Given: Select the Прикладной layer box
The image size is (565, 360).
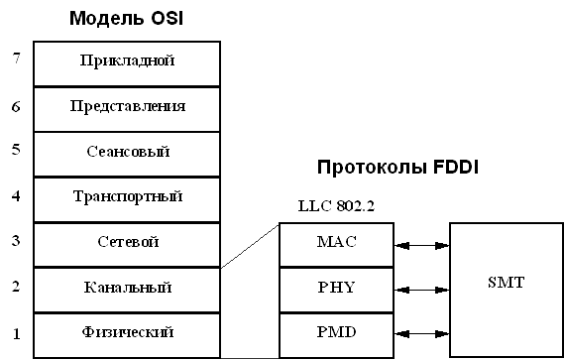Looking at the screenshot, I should (126, 61).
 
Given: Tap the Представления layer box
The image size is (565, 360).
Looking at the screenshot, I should (126, 106).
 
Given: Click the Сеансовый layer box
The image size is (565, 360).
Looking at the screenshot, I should (126, 152).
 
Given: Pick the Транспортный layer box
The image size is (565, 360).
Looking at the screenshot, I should (126, 197).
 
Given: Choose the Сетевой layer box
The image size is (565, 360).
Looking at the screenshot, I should (126, 242).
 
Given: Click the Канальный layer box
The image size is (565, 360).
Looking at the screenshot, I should (126, 288).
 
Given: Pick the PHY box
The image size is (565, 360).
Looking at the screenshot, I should (336, 288).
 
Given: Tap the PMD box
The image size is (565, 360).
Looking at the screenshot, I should (336, 332).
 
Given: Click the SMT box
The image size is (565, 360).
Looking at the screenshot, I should (506, 285).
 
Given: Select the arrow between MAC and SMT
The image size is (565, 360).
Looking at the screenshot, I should (421, 243).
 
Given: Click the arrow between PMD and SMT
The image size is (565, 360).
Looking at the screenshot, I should (421, 332).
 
